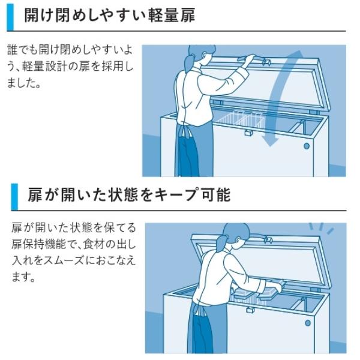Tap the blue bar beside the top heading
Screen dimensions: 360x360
(10, 16)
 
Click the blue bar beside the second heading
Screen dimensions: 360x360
(14, 196)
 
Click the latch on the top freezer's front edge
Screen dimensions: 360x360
(247, 133)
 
